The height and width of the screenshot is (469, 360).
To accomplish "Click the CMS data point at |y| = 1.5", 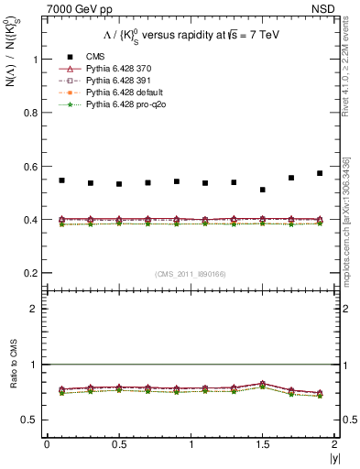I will [x=263, y=190].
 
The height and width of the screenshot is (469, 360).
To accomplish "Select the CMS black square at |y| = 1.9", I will [x=320, y=173].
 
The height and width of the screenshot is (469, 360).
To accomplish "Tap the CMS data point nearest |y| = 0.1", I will [x=61, y=180].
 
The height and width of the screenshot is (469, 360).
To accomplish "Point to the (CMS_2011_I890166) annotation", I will [x=190, y=276].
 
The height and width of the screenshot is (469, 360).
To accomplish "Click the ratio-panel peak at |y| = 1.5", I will [x=263, y=384].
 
